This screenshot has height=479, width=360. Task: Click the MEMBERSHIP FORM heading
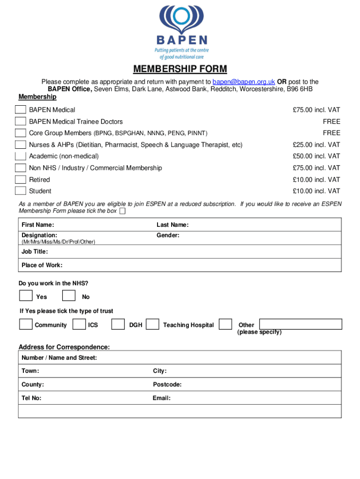[180, 69]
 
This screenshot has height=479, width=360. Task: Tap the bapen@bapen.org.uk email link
[244, 81]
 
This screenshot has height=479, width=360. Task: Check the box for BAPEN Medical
[21, 110]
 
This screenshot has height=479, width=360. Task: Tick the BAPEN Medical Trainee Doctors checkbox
[21, 122]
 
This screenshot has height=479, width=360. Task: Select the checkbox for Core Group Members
[21, 133]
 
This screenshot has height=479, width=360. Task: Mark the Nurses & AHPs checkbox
[21, 145]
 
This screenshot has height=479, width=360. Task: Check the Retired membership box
[21, 179]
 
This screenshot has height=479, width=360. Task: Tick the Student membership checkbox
[21, 190]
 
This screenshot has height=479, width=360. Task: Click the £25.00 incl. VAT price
[317, 145]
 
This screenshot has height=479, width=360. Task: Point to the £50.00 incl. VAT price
[317, 156]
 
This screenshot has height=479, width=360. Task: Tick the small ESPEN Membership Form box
[122, 211]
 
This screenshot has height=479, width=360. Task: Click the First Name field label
[37, 225]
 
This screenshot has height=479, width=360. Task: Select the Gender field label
[168, 235]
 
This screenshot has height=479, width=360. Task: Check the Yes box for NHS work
[26, 296]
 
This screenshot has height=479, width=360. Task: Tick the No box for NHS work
[69, 296]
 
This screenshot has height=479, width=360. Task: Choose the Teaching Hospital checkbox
[152, 324]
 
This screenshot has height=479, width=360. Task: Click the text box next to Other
[301, 324]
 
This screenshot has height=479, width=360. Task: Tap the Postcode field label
[167, 385]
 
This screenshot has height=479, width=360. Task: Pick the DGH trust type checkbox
[118, 324]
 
